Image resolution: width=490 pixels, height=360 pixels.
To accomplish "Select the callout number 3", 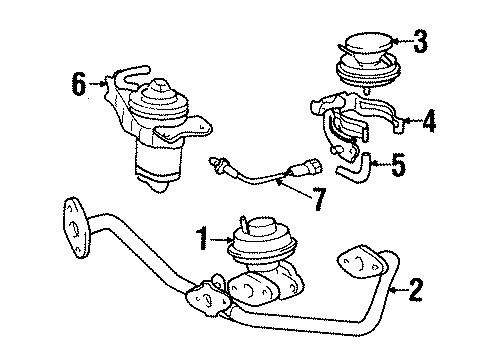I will (x=421, y=42).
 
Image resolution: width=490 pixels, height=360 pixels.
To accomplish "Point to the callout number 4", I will (x=430, y=123).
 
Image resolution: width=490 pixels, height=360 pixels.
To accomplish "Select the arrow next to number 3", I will (x=400, y=42).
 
